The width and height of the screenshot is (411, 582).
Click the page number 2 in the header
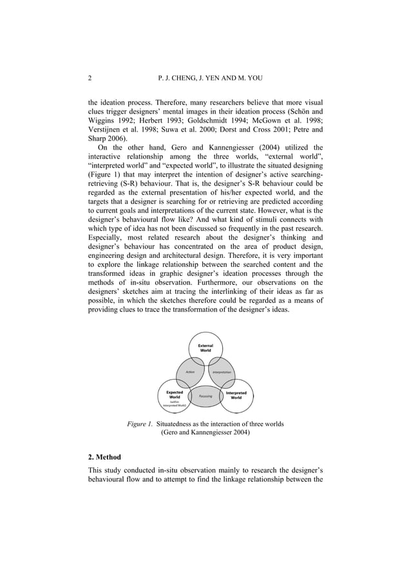pos(90,79)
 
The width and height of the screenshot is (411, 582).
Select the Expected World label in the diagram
pos(175,394)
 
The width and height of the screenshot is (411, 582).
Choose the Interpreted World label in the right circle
pos(236,395)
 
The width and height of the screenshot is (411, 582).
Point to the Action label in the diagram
pos(190,372)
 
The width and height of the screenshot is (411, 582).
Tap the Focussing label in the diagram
pos(205,396)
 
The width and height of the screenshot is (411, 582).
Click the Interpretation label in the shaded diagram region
pos(223,373)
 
